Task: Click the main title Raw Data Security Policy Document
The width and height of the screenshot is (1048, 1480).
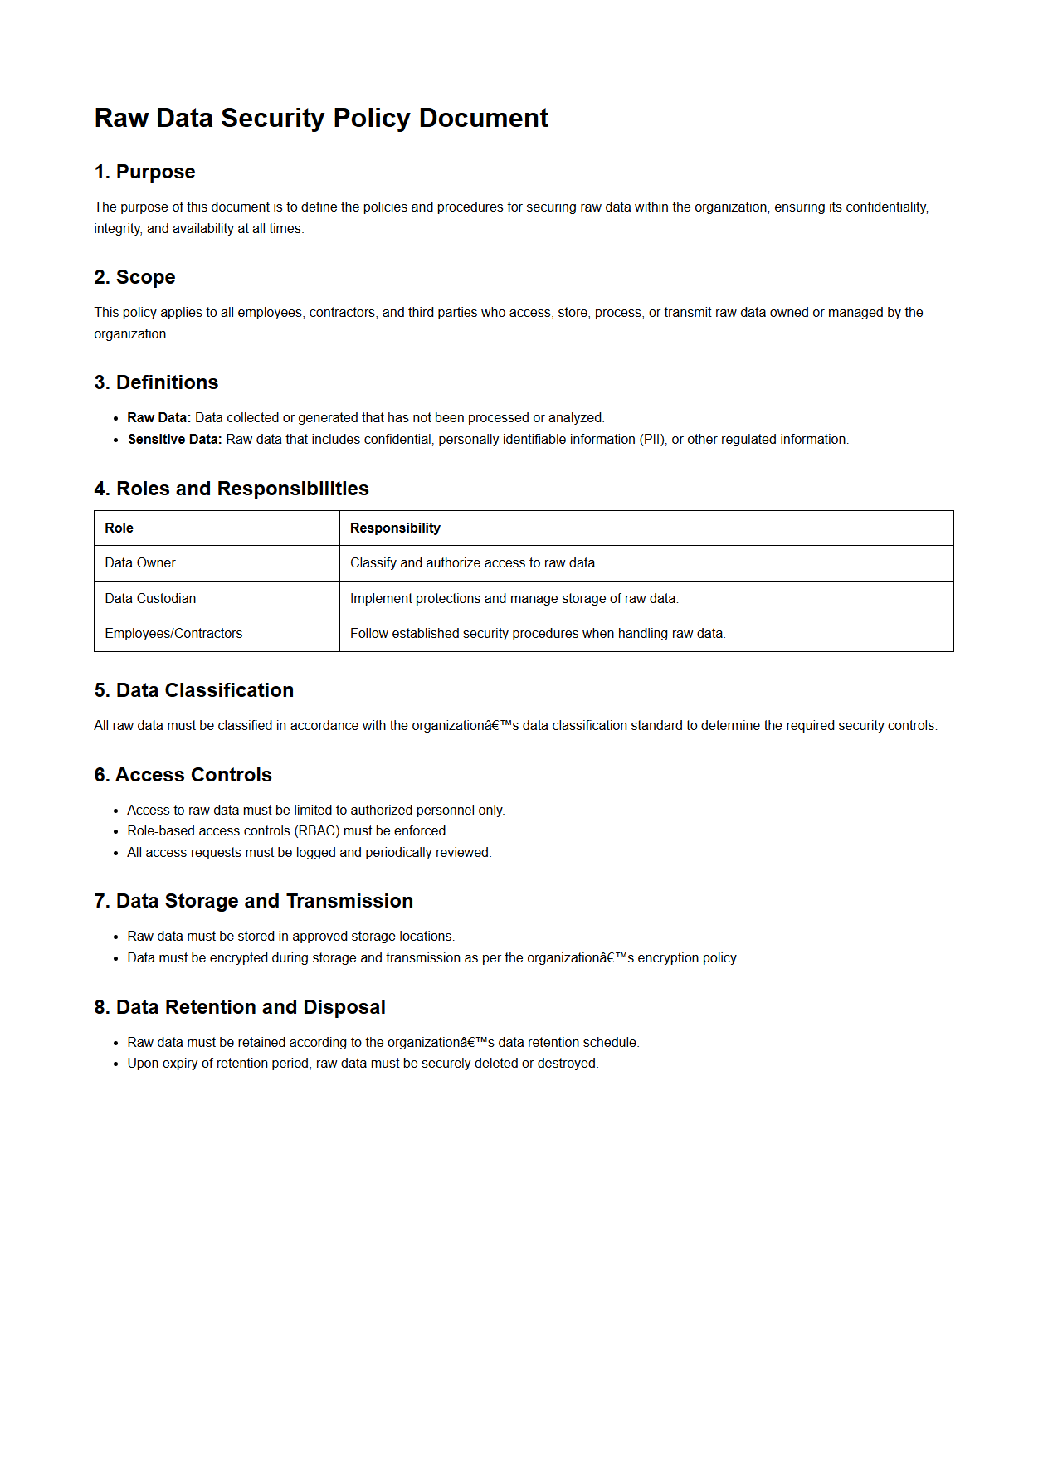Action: [x=321, y=118]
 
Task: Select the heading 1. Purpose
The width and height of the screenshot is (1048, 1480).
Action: [x=144, y=172]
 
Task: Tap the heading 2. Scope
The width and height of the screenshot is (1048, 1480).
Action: [x=134, y=277]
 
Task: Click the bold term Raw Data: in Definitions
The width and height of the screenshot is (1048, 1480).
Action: [x=158, y=418]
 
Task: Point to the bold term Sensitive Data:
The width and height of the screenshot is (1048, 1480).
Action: [x=174, y=440]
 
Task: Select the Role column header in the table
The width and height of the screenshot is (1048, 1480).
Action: [x=119, y=528]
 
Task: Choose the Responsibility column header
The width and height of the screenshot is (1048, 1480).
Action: [x=395, y=528]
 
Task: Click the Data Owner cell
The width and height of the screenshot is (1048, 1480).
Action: [x=140, y=563]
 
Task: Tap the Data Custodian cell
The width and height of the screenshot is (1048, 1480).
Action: [x=150, y=599]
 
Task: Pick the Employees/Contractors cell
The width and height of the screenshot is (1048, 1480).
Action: [x=173, y=634]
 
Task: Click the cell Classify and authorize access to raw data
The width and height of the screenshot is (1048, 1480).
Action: [x=474, y=563]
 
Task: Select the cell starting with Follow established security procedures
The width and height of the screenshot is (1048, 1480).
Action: [x=538, y=634]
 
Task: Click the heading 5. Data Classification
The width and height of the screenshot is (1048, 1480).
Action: [x=193, y=690]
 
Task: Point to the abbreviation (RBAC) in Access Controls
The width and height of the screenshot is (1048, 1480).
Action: [x=317, y=831]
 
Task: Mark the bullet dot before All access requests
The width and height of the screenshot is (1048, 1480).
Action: [x=116, y=854]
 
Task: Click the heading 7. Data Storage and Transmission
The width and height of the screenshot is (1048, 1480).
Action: [x=253, y=901]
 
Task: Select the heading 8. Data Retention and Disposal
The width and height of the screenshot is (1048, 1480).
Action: [x=239, y=1007]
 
